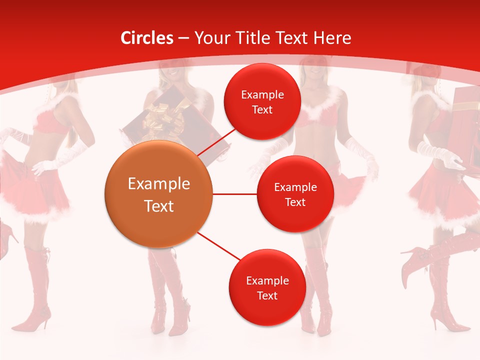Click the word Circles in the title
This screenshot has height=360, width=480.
(x=147, y=38)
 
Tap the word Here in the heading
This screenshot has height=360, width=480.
(x=332, y=38)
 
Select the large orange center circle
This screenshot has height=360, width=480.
(x=159, y=194)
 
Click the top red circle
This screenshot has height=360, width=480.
(x=262, y=101)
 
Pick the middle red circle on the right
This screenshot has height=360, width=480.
(x=295, y=194)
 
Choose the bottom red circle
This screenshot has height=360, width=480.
(x=267, y=287)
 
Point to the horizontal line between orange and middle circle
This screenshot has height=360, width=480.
(x=235, y=194)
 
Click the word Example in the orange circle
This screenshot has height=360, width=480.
(x=159, y=184)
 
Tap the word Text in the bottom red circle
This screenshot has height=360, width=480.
(x=267, y=295)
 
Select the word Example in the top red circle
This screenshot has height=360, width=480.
(x=262, y=94)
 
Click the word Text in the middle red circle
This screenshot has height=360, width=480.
(x=295, y=202)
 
